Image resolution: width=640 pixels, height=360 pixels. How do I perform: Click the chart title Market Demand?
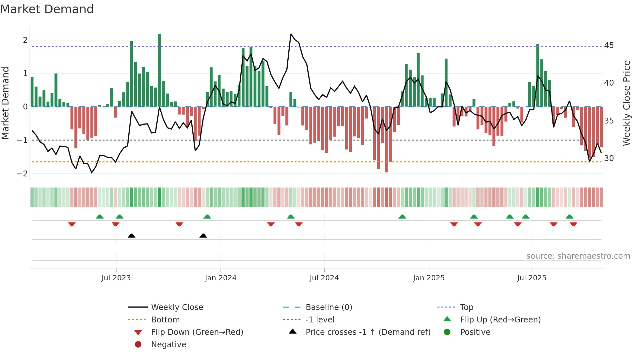47,9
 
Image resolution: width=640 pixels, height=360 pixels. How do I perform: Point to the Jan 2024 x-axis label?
220,278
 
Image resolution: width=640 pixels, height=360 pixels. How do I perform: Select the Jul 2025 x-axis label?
531,278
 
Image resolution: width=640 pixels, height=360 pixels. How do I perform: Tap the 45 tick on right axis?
609,45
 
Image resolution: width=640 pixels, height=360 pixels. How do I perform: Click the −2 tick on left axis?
22,174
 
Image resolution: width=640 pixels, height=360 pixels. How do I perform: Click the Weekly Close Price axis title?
626,103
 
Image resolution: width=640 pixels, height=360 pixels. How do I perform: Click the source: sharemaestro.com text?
578,256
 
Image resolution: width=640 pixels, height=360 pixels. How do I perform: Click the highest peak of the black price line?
291,34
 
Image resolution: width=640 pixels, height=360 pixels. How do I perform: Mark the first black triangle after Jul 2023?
132,236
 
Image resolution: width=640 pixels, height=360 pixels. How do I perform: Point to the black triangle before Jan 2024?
203,236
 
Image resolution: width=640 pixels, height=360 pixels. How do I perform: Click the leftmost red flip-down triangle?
72,224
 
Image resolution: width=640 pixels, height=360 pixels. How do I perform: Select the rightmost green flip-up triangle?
569,217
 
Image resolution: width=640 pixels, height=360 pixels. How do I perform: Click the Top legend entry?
466,307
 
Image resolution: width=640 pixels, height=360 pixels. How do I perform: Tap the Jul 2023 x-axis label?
116,278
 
